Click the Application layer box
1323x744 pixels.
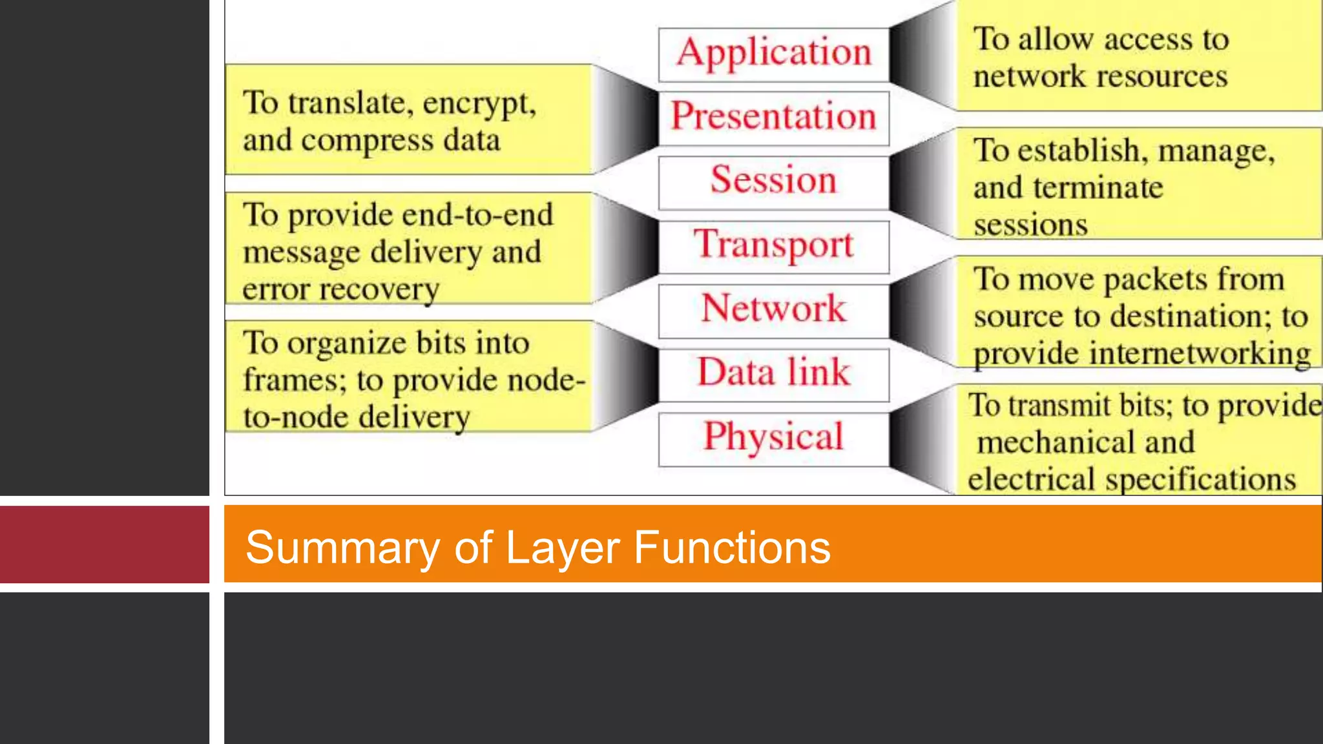click(x=773, y=54)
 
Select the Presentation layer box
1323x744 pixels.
click(x=773, y=118)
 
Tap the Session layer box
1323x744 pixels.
click(x=773, y=181)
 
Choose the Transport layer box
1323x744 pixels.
click(x=773, y=246)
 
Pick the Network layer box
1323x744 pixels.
click(x=773, y=310)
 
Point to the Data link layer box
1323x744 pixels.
click(x=773, y=374)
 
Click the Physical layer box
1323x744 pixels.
click(x=773, y=439)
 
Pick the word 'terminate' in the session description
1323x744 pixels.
click(x=1098, y=188)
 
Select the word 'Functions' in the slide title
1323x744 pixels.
click(x=731, y=548)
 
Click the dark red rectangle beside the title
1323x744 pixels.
click(x=104, y=544)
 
